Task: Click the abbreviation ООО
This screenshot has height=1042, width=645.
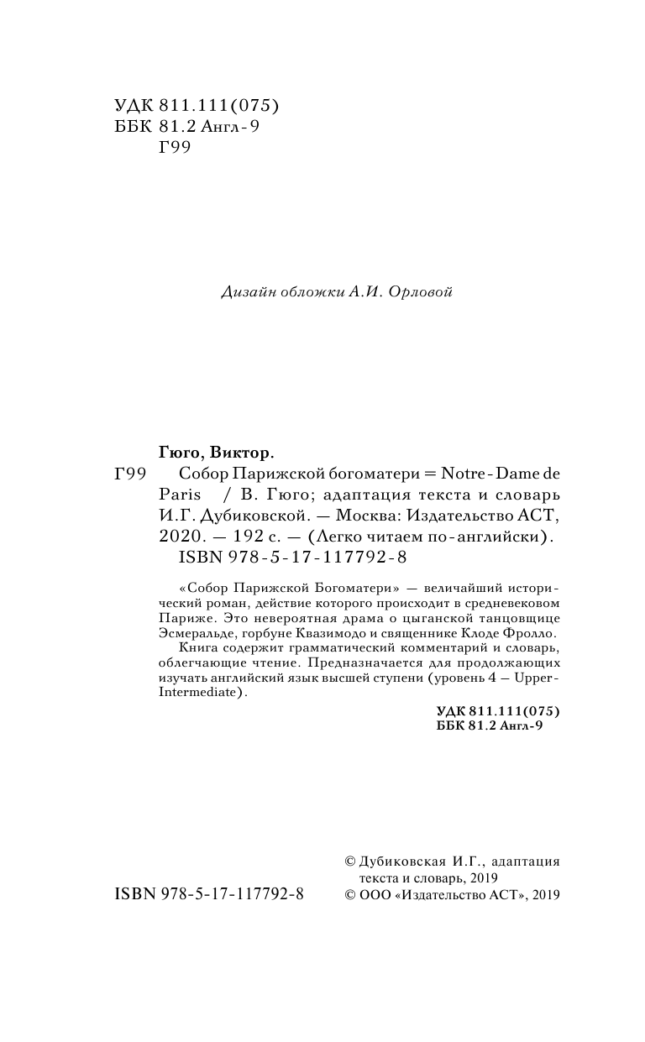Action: pos(374,895)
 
